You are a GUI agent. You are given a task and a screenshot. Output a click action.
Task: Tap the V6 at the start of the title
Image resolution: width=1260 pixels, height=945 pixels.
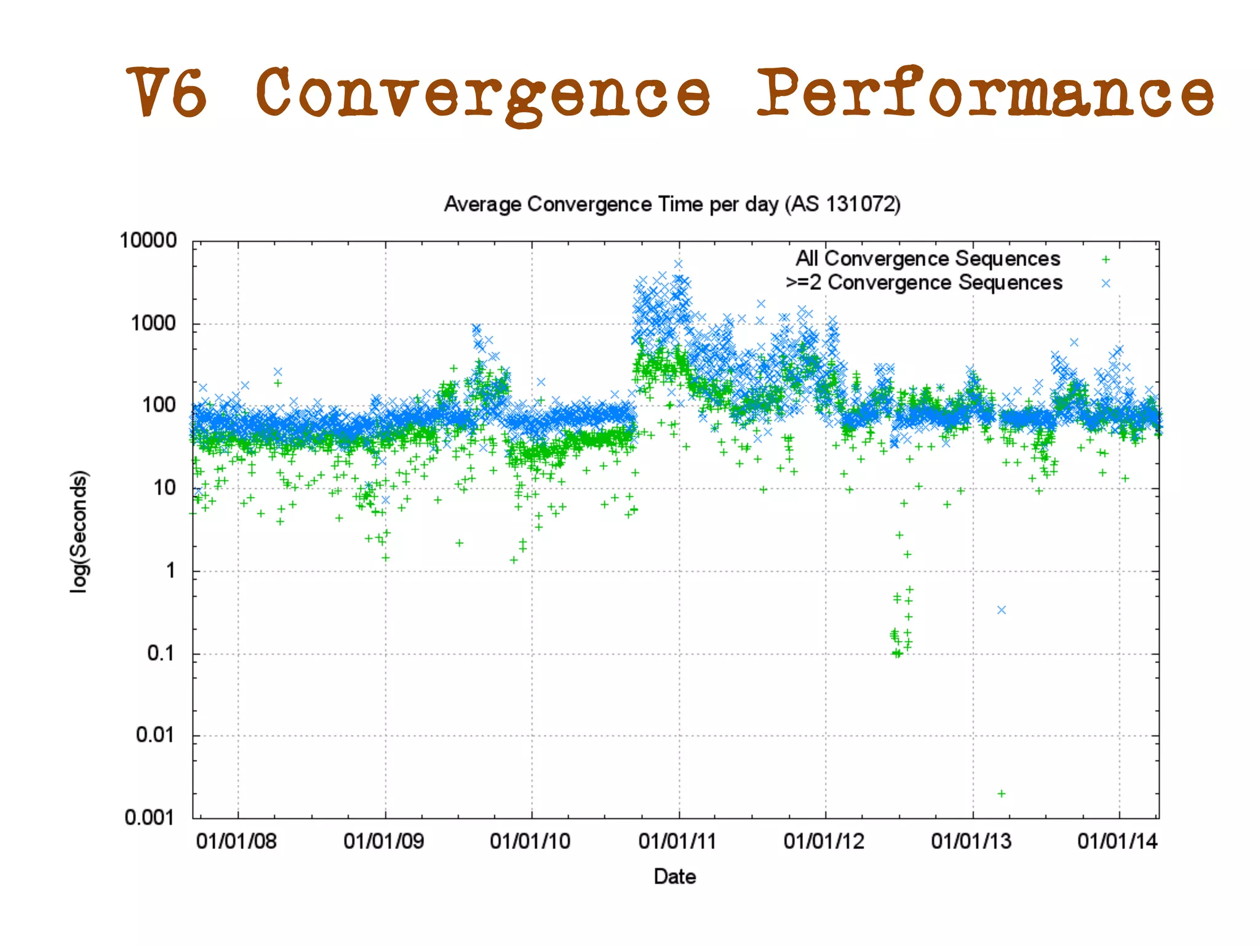click(166, 92)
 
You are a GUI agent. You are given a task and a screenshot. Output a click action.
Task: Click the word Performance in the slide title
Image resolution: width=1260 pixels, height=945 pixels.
click(984, 92)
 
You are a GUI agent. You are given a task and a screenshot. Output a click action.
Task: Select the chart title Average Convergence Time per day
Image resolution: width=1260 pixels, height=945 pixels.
click(672, 204)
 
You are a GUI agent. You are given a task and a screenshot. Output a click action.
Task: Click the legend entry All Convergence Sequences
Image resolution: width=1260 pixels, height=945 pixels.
click(928, 258)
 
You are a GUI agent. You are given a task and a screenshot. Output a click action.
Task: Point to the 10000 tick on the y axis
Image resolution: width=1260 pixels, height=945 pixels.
click(148, 241)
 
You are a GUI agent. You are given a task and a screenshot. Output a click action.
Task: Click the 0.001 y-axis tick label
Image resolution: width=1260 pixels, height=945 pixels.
click(150, 818)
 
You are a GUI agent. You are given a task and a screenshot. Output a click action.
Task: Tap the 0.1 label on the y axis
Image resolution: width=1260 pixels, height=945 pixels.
click(161, 653)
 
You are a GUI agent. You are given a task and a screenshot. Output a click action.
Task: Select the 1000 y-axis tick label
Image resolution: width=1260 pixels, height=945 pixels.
click(153, 323)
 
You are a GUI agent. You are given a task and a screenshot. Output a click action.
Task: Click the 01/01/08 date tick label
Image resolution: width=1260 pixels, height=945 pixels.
click(236, 841)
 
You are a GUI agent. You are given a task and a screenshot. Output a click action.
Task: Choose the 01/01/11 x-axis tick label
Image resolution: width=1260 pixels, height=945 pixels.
click(677, 841)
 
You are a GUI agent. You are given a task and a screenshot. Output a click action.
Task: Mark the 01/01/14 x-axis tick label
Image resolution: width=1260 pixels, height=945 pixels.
click(1117, 841)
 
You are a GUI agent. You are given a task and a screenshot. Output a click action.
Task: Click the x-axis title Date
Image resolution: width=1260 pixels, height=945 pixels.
click(675, 877)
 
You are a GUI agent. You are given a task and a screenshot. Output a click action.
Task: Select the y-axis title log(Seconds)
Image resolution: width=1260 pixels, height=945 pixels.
click(79, 532)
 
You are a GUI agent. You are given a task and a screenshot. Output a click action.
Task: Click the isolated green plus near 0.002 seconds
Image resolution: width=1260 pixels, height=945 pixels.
click(1002, 794)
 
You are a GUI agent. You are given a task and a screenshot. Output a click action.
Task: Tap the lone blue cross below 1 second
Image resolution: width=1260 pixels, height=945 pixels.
click(1002, 610)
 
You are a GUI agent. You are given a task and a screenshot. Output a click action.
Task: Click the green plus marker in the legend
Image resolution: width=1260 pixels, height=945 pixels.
click(1106, 260)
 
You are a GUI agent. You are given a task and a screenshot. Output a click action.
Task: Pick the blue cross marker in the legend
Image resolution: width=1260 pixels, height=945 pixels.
click(1106, 283)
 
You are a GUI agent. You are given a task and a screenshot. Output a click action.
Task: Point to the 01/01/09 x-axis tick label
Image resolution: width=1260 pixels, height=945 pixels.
click(384, 841)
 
